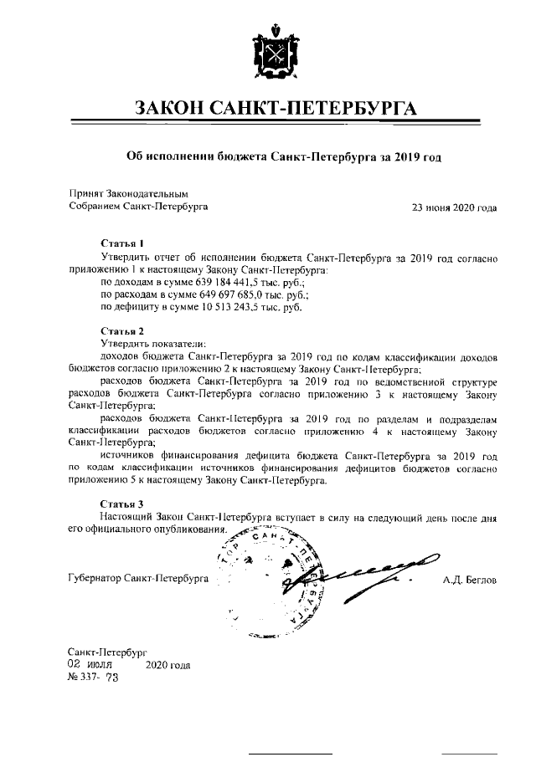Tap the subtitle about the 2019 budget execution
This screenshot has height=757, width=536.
[x=283, y=156]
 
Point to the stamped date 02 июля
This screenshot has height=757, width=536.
[x=90, y=665]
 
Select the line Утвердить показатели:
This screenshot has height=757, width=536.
[x=152, y=344]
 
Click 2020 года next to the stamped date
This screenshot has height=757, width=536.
[x=167, y=666]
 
